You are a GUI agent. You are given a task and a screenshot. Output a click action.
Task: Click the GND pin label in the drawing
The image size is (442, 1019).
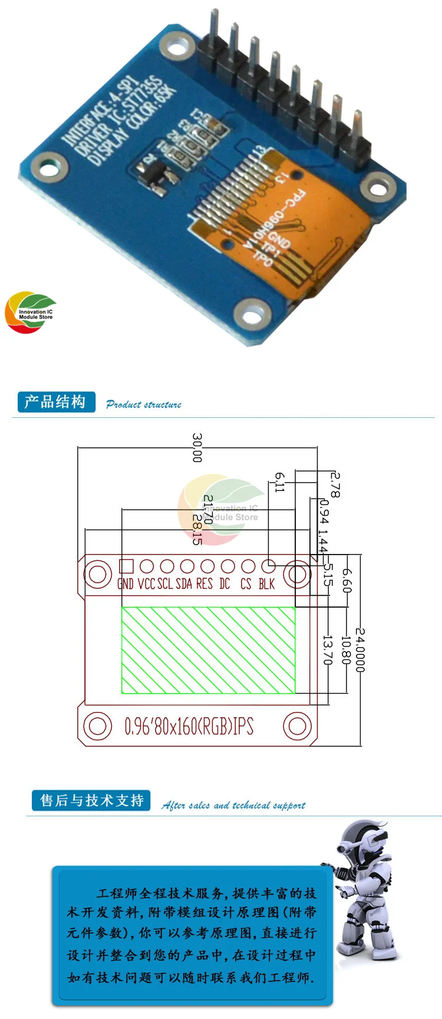pos(126,583)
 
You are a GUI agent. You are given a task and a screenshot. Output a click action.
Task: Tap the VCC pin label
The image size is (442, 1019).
pos(147,583)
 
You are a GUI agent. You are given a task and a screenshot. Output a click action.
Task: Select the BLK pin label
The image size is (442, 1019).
pos(266,583)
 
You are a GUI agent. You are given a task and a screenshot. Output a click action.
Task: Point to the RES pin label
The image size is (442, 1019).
pos(204,583)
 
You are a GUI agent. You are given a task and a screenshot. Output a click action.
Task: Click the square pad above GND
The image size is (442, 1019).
pos(126,566)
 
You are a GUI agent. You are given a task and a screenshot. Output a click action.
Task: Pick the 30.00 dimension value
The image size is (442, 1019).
pos(197,448)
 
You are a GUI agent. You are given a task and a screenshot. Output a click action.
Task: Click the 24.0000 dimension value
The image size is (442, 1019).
pos(360,649)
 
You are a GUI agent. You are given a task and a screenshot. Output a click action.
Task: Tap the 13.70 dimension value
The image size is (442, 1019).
pos(328,649)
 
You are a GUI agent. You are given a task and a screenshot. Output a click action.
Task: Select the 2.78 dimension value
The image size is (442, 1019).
pos(335,484)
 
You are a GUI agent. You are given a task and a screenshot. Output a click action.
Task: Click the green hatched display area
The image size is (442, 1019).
pos(208,649)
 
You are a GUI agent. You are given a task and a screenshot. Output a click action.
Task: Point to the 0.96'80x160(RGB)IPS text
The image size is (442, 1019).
pos(189,726)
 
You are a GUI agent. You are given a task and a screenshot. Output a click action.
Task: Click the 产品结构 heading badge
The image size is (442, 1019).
pos(55,402)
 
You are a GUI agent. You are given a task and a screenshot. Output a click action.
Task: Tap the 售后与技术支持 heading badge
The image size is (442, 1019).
pos(91,800)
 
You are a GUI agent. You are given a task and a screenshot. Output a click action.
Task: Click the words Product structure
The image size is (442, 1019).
pos(144,404)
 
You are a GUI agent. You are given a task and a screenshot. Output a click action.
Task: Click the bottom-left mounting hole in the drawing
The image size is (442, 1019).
pos(98,726)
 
